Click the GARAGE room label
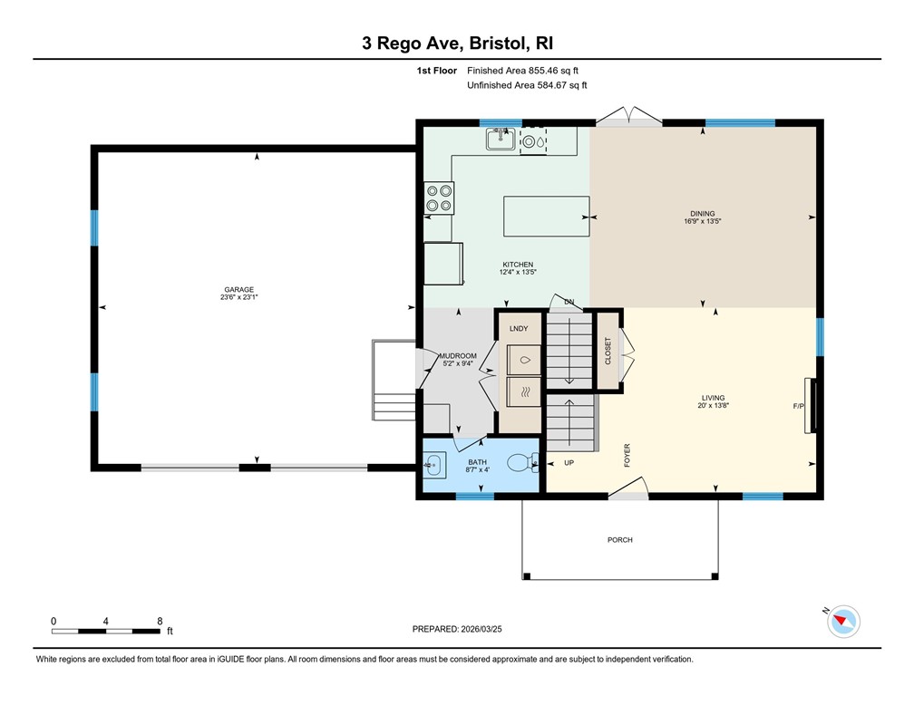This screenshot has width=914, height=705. coord(240,289)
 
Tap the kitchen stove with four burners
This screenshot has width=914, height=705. coord(440,198)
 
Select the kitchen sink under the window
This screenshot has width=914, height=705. coord(501,139)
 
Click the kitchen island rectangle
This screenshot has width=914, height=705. coord(547,216)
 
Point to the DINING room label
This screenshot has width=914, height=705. coord(703,213)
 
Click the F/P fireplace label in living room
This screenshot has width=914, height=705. coord(799,406)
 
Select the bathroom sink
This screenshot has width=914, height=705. coord(433,467)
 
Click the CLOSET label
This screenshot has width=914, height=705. coord(608,352)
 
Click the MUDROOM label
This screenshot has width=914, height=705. coord(457,356)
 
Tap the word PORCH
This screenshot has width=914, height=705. coord(620,540)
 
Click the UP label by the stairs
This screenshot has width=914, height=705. coord(569,462)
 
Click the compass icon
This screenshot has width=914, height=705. coord(844,621)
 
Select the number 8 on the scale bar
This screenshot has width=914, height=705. coord(160,621)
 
